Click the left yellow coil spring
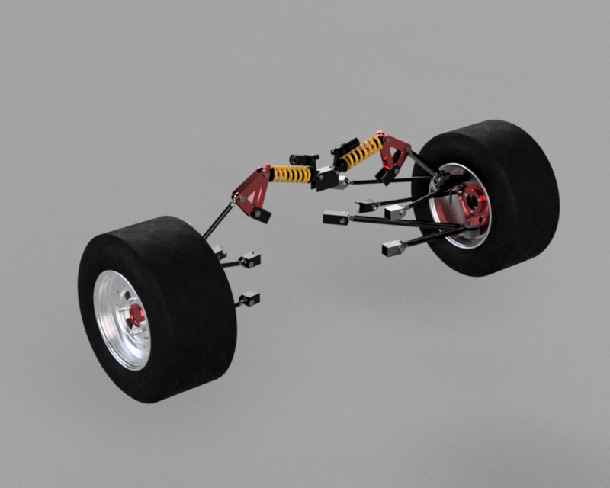click(x=292, y=175)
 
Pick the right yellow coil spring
click(x=361, y=152)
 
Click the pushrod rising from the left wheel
click(x=219, y=220)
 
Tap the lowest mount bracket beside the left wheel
click(x=249, y=298)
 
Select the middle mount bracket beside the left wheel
click(x=249, y=261)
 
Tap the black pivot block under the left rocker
click(x=262, y=215)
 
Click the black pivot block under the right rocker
click(x=384, y=177)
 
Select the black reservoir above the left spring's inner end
click(x=303, y=159)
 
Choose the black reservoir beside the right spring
click(x=344, y=145)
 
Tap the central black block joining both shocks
click(x=329, y=179)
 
